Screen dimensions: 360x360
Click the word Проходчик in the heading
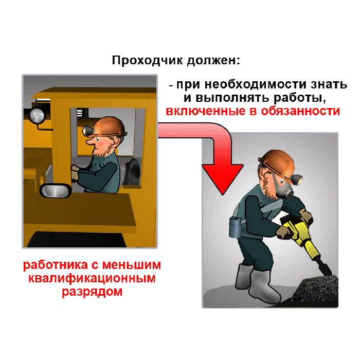(148, 60)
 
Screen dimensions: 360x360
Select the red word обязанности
(300, 112)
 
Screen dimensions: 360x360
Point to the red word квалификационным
(92, 279)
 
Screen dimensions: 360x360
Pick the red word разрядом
(92, 292)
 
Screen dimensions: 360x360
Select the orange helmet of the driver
(110, 127)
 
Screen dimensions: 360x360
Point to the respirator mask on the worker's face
(286, 192)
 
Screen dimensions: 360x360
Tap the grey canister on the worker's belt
(235, 227)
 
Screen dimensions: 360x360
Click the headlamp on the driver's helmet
(87, 131)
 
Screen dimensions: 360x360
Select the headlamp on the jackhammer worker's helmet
(298, 179)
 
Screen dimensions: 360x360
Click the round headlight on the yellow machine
(37, 116)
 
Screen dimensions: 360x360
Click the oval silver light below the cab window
(56, 191)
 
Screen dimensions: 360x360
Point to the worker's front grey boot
(264, 286)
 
